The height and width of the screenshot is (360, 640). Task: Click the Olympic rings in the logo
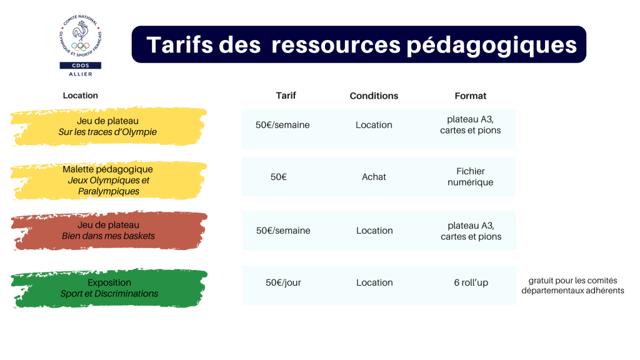[80, 46]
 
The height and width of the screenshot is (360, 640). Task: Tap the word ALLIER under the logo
[81, 74]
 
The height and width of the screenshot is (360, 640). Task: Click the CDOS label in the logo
[81, 65]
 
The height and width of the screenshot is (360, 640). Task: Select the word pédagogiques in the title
[491, 46]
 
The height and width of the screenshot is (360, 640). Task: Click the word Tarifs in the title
[179, 44]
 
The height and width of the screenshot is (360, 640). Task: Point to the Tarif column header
[286, 96]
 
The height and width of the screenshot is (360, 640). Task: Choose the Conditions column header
[374, 96]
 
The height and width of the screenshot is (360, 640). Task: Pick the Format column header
[470, 96]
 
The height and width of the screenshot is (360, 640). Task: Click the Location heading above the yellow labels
[81, 96]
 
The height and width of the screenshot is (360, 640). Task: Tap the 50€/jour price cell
[283, 282]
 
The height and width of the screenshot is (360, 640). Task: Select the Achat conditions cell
[374, 177]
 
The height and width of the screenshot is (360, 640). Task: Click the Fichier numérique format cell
[470, 177]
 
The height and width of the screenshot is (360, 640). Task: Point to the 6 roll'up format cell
[471, 282]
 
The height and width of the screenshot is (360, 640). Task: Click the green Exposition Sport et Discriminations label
[109, 288]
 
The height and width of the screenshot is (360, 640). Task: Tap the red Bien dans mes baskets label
[109, 231]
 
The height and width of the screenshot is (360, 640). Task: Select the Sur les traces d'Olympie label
[108, 126]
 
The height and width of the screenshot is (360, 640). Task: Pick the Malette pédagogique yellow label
[108, 181]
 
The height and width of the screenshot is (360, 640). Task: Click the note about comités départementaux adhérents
[572, 285]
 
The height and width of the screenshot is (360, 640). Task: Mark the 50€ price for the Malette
[278, 177]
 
